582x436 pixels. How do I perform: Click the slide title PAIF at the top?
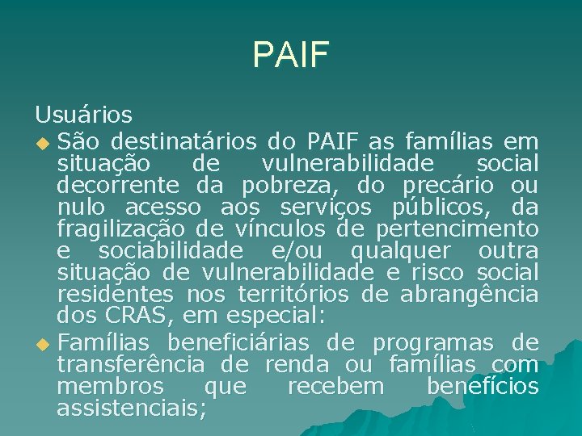290,54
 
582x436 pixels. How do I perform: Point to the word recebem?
336,386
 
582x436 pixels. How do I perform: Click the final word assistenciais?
132,408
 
